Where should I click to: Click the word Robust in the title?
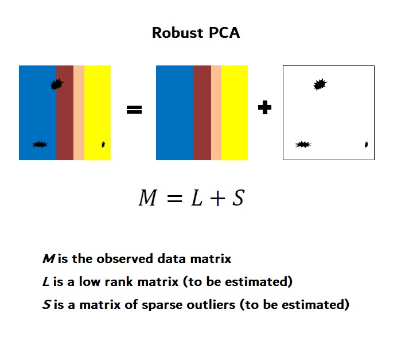[x=177, y=33]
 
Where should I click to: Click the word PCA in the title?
[x=224, y=33]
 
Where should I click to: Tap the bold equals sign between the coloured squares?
[x=134, y=110]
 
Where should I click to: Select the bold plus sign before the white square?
[x=265, y=107]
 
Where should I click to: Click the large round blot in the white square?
[x=320, y=84]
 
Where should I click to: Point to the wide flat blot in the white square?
[x=303, y=145]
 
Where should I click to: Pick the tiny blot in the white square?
[x=366, y=144]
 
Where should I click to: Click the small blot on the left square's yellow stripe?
[x=103, y=145]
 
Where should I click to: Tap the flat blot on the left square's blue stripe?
[x=40, y=145]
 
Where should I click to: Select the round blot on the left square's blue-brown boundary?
[x=57, y=84]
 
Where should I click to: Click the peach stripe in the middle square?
[x=216, y=113]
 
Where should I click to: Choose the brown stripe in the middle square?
[x=202, y=113]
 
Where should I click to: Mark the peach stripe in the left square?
[x=79, y=113]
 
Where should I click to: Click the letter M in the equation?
[x=147, y=198]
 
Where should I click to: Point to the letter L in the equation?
[x=197, y=198]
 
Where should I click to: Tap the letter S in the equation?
[x=238, y=198]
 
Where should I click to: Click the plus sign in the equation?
[x=217, y=199]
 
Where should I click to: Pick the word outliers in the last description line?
[x=211, y=304]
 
